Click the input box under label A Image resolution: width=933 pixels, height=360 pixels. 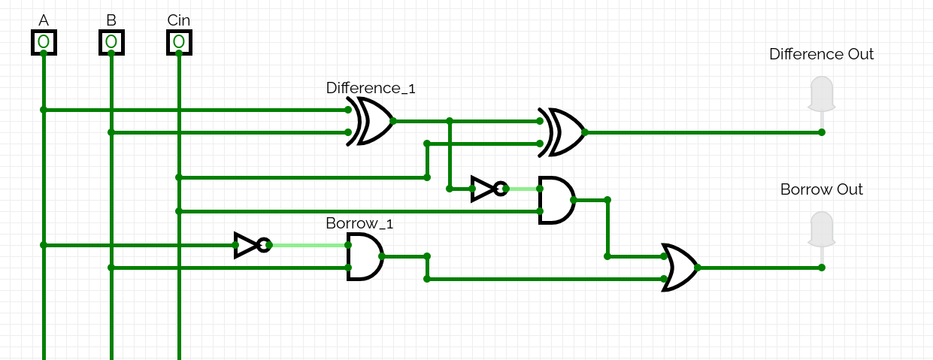pos(44,41)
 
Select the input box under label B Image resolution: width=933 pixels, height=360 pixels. pos(111,41)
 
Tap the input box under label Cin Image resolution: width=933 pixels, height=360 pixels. pos(179,41)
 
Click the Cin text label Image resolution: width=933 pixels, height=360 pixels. pos(179,20)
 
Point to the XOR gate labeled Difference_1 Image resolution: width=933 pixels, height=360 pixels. pos(372,121)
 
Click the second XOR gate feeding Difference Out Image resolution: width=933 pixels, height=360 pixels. pos(564,132)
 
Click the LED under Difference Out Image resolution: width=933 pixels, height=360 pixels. pos(821,94)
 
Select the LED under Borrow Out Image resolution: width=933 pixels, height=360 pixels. pos(821,229)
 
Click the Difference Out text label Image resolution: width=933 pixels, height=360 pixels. pos(821,54)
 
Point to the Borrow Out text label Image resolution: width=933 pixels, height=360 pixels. pos(821,189)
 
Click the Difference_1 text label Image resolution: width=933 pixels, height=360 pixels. pos(371,88)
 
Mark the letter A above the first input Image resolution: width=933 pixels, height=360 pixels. pos(44,20)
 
